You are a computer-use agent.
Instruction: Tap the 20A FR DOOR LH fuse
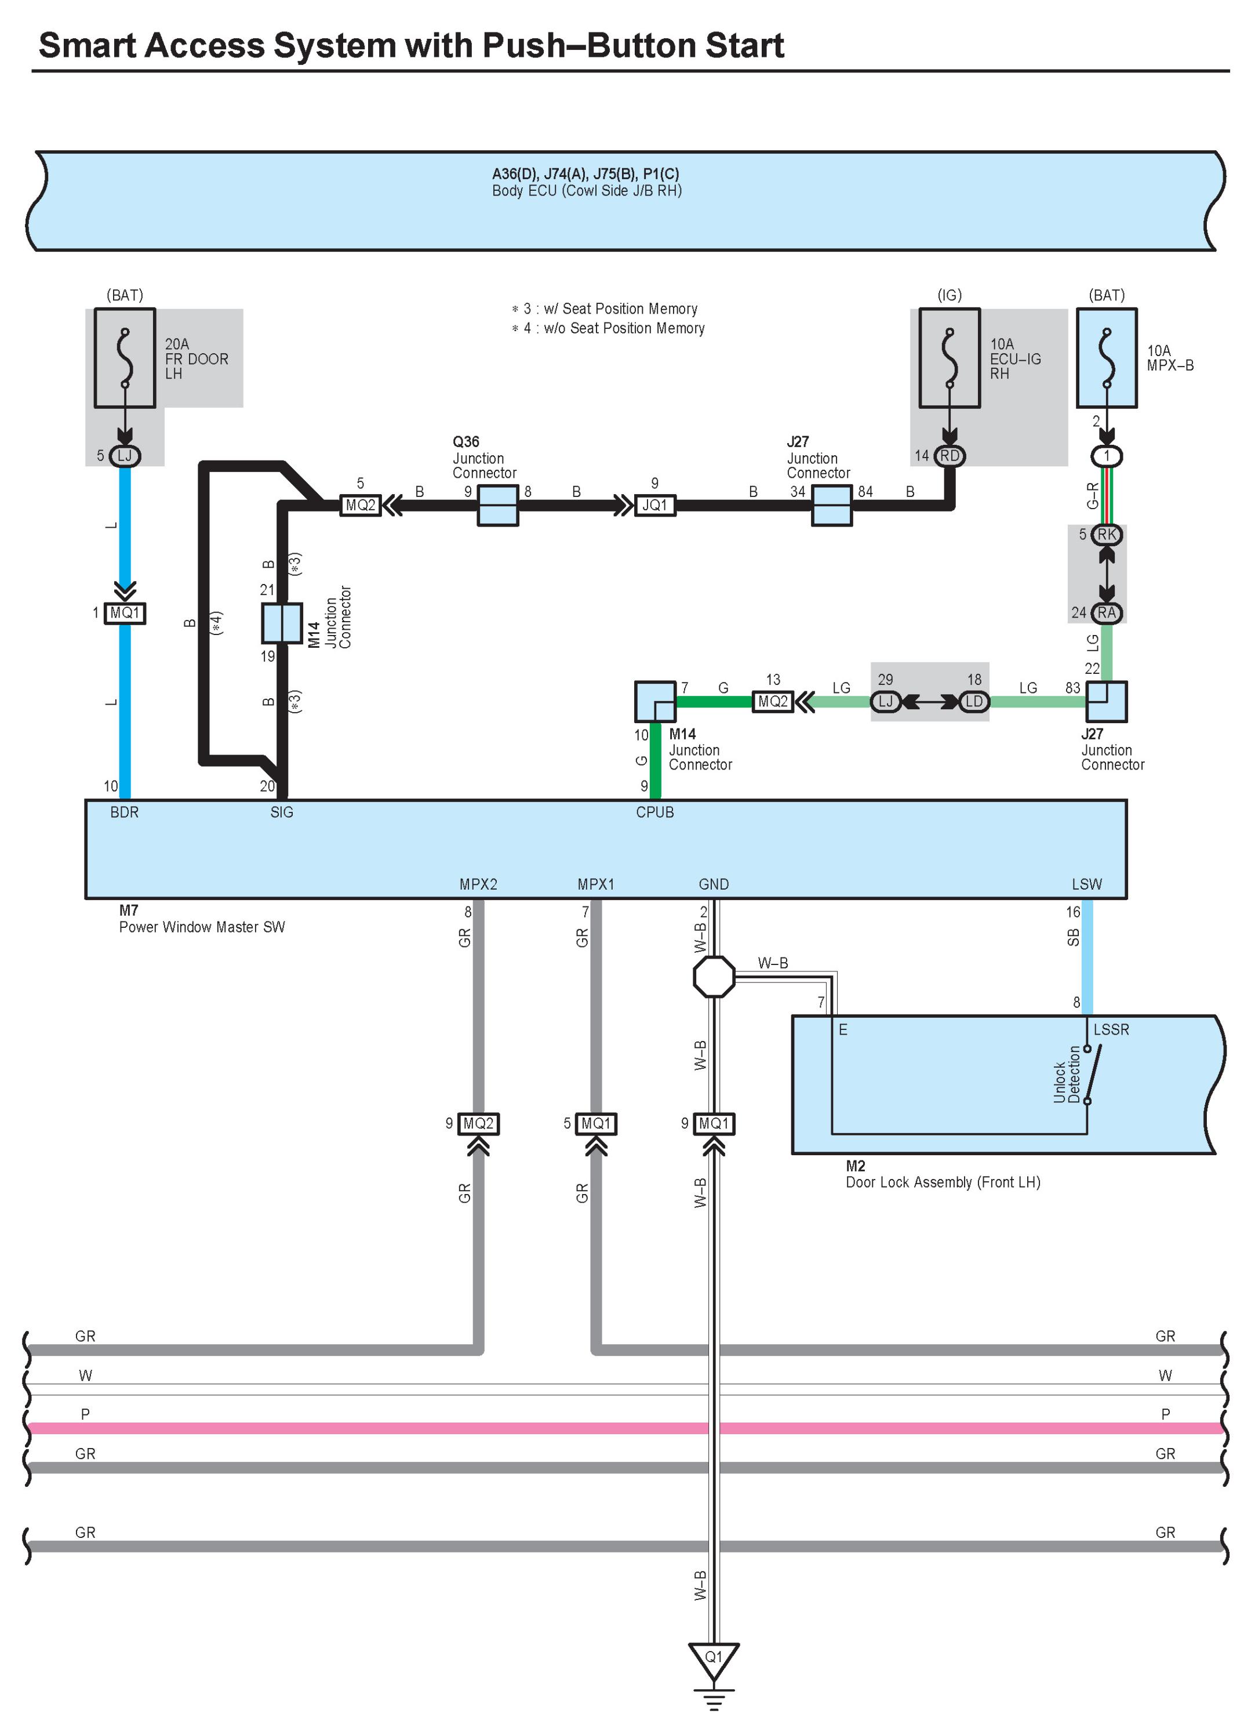pyautogui.click(x=125, y=358)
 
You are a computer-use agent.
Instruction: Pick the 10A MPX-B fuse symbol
pyautogui.click(x=1105, y=358)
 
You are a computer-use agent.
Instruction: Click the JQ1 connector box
pyautogui.click(x=654, y=505)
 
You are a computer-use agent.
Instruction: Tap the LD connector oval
pyautogui.click(x=974, y=701)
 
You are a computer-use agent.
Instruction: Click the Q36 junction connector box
pyautogui.click(x=497, y=505)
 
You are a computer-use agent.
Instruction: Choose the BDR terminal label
pyautogui.click(x=124, y=812)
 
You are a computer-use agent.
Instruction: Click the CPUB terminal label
pyautogui.click(x=654, y=812)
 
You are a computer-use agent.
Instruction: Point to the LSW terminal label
pyautogui.click(x=1086, y=884)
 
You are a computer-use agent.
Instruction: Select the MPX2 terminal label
pyautogui.click(x=478, y=884)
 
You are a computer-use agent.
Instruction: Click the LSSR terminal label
pyautogui.click(x=1111, y=1029)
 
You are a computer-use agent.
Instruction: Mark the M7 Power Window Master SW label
pyautogui.click(x=201, y=919)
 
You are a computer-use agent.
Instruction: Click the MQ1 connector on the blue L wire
pyautogui.click(x=124, y=613)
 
